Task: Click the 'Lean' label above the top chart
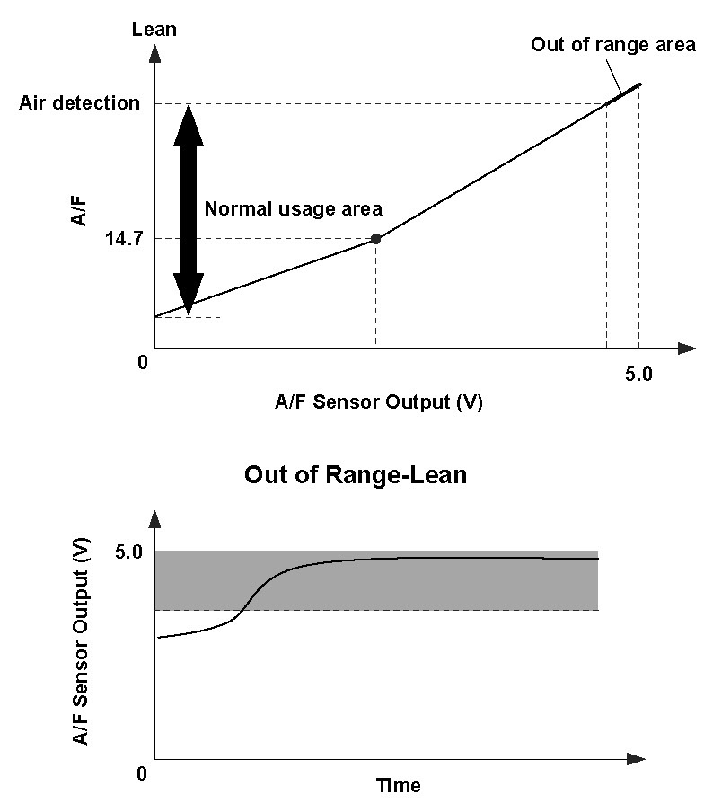coord(154,29)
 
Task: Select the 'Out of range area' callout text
coord(612,45)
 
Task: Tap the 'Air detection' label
coord(80,102)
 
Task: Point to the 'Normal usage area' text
coord(294,208)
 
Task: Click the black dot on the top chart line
coord(375,239)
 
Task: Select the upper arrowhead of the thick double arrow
coord(189,122)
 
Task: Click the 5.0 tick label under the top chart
coord(638,372)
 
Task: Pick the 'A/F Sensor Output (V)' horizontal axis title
coord(378,402)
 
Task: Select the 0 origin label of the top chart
coord(142,363)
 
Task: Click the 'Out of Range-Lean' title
coord(356,474)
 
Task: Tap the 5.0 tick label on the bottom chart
coord(128,552)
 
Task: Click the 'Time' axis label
coord(398,786)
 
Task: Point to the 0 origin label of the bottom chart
coord(142,773)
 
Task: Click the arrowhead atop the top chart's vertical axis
coord(154,53)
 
